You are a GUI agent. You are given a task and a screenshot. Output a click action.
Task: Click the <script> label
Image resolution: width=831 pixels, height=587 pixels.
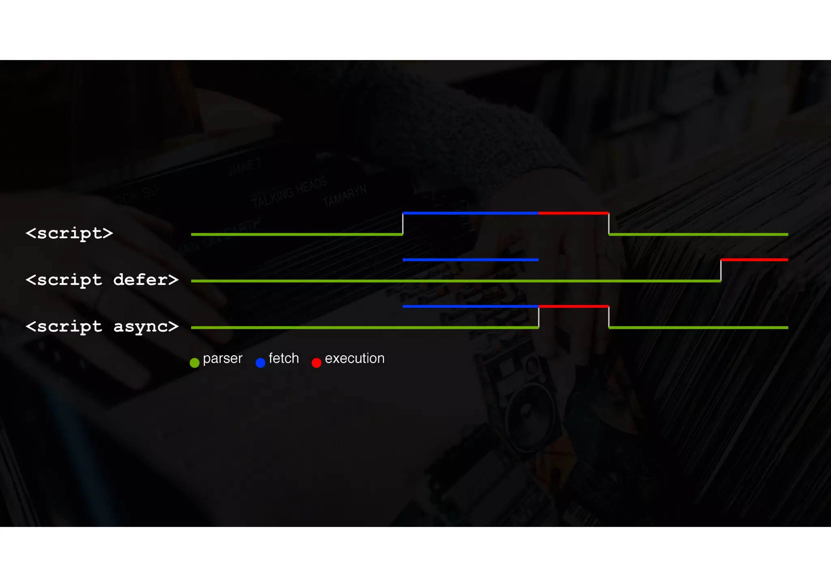pos(69,233)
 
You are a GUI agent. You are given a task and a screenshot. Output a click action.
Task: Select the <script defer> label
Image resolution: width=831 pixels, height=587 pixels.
pos(102,280)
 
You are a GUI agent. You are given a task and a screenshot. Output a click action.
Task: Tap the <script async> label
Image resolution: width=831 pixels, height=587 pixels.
pos(102,327)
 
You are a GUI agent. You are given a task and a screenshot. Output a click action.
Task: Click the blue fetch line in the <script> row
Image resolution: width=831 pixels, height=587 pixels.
pos(470,213)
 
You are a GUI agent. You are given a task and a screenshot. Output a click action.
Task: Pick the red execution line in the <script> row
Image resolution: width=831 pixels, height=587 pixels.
pos(573,213)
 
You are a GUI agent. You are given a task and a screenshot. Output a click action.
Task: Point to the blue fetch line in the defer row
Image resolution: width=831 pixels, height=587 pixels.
pos(470,260)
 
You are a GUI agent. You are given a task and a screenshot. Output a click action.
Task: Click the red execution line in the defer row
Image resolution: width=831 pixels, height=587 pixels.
pos(754,260)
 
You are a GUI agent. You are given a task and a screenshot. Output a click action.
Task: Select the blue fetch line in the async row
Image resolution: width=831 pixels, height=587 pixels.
pos(470,306)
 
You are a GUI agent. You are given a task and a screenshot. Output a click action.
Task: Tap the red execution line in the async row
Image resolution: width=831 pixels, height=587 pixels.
pos(573,306)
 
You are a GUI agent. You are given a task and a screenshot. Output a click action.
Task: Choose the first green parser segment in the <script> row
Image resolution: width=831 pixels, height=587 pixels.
pos(297,234)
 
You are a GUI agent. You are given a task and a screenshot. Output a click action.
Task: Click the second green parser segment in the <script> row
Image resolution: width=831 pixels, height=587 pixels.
pos(698,234)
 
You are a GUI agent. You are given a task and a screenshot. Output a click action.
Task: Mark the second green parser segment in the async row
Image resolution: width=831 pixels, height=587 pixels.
pos(698,327)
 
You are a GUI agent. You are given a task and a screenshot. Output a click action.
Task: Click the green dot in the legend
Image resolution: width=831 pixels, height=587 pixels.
pos(195,363)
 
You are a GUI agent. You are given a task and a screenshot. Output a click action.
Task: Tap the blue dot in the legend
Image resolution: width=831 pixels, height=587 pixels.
pos(260,363)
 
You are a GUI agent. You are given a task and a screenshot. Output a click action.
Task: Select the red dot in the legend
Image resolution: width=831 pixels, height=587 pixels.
pos(316,363)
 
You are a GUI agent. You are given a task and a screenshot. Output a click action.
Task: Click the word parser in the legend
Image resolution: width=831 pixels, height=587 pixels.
pos(222,359)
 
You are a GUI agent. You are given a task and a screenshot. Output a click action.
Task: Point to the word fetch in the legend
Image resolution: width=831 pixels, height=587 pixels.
pos(284,358)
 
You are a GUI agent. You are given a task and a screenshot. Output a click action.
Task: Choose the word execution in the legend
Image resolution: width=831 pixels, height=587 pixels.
pos(355,358)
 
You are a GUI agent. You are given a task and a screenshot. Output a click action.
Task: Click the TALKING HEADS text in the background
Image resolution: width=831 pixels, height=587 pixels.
pos(289,193)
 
